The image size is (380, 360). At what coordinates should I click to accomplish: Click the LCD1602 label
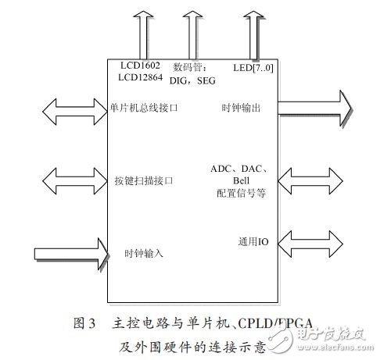[x=141, y=66]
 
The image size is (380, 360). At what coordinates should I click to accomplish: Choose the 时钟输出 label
[x=241, y=107]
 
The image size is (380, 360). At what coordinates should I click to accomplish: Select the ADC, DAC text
[x=239, y=168]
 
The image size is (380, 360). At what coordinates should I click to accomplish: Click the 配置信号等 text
[x=240, y=192]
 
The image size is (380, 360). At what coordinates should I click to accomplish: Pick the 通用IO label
[x=251, y=242]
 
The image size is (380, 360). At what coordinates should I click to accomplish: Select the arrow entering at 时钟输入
[x=71, y=252]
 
